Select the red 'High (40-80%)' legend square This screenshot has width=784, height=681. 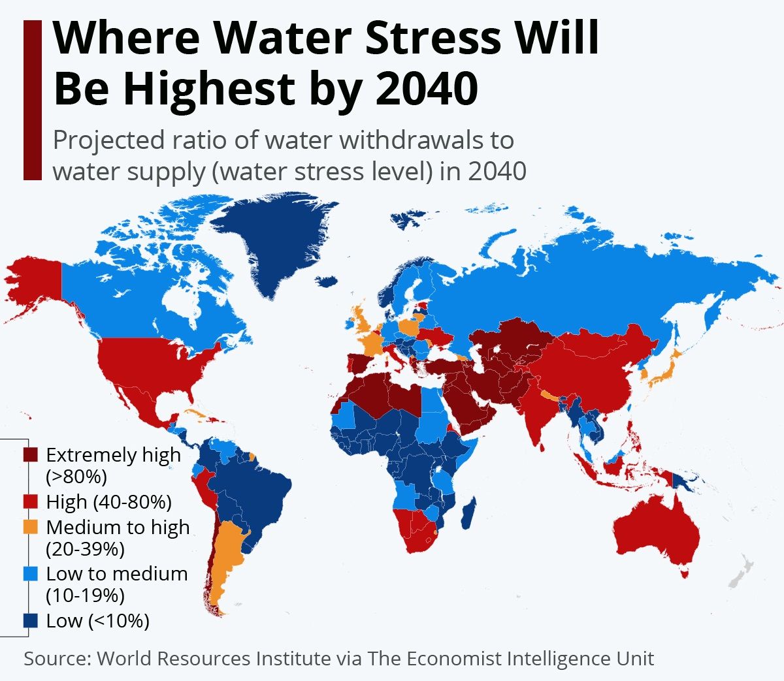pos(31,502)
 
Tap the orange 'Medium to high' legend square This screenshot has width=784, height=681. pos(31,527)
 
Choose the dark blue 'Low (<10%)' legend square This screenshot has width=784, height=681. pos(31,620)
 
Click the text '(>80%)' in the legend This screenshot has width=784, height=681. pos(76,477)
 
